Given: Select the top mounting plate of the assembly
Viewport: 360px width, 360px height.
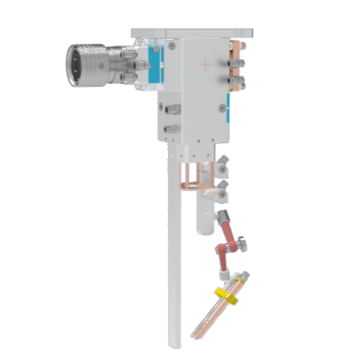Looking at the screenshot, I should point(191,33).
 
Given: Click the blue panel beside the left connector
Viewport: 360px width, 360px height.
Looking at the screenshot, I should point(157,64).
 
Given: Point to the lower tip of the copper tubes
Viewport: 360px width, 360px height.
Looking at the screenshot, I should point(197,334).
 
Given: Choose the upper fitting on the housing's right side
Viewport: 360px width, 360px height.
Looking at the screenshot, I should point(227,54).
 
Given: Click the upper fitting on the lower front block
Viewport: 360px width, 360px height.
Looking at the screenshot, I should point(172,109).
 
